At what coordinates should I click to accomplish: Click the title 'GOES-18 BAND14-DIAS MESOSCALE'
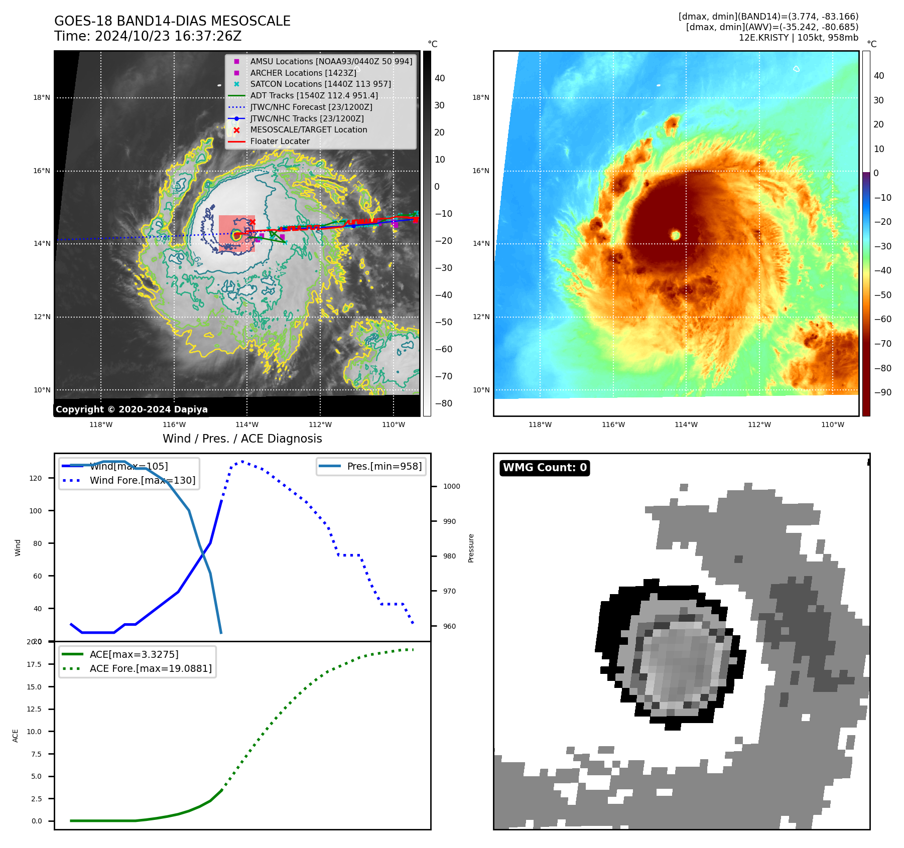click(172, 21)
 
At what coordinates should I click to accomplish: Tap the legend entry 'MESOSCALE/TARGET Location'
click(308, 130)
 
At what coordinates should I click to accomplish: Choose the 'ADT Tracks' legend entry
click(314, 96)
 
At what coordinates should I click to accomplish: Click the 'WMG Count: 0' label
click(545, 468)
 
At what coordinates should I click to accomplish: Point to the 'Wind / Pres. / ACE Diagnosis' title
click(242, 439)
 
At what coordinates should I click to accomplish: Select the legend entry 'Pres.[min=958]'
click(384, 466)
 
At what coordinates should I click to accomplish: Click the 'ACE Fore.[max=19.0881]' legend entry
click(151, 668)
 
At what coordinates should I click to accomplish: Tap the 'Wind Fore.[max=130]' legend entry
click(143, 480)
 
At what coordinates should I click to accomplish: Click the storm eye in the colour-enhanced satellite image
click(676, 235)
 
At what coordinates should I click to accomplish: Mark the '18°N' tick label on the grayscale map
click(42, 98)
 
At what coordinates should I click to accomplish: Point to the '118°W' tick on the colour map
click(540, 425)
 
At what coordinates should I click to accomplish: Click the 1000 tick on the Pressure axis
click(451, 486)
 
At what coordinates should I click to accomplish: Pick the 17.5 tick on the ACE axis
click(34, 664)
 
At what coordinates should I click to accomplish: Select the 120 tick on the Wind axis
click(36, 478)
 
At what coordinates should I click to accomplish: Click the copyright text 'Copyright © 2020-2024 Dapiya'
click(132, 409)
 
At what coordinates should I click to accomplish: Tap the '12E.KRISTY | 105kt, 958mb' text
click(798, 38)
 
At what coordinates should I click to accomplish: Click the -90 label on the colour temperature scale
click(882, 392)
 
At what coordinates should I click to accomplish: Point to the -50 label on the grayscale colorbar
click(443, 322)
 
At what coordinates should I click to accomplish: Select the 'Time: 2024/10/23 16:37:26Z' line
click(148, 36)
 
